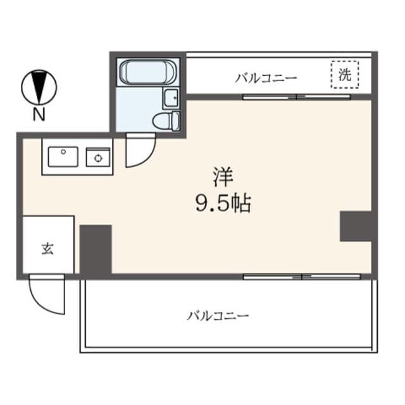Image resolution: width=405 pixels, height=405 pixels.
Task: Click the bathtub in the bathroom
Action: point(148,72)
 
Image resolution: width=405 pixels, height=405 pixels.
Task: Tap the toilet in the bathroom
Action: point(166,121)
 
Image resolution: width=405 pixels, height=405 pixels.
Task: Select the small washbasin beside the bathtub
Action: point(171,98)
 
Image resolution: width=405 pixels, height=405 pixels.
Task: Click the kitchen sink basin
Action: point(63,156)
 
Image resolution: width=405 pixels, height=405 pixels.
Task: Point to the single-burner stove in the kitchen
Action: point(98,157)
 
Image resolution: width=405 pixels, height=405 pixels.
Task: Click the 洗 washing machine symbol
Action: point(345,75)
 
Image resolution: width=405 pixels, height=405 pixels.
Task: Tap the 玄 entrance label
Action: point(48,249)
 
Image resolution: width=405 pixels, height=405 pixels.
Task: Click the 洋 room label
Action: point(223,177)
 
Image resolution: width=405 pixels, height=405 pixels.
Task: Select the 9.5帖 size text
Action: point(223,203)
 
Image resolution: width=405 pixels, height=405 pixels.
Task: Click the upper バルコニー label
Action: point(266,78)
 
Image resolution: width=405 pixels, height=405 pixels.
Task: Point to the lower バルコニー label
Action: point(218,316)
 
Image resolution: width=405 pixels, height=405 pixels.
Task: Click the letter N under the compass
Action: point(39,115)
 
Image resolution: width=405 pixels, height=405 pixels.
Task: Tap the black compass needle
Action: point(39,87)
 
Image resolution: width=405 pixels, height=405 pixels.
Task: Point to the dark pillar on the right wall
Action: point(356,227)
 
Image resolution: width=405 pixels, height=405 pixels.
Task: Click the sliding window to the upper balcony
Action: point(297,97)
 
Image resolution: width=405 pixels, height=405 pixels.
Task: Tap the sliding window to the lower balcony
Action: point(302,277)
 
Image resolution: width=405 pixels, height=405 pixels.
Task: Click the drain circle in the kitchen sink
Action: point(63,152)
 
